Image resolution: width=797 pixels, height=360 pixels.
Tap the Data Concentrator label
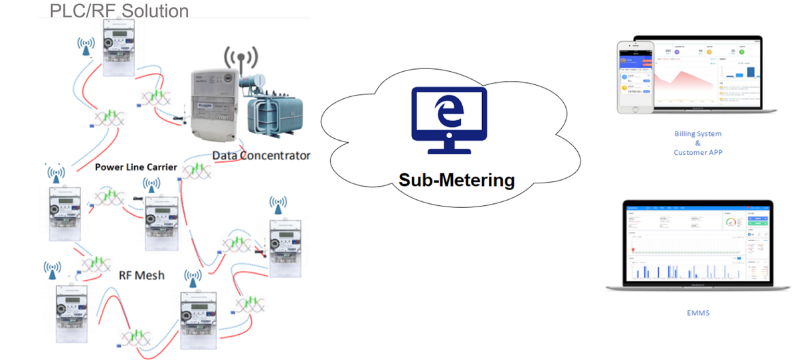262,156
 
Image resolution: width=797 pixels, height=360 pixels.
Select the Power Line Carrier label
136,167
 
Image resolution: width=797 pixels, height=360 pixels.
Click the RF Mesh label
141,274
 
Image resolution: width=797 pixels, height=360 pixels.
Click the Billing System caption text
697,134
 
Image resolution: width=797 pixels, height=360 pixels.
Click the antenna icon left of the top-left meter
85,47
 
